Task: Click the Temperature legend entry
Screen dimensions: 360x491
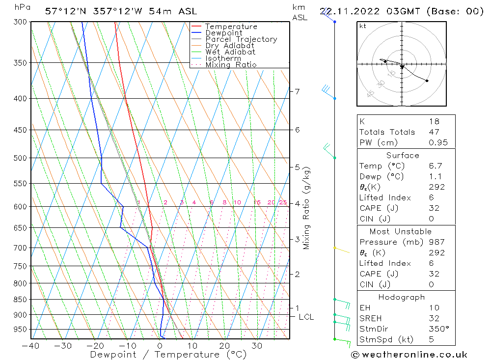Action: click(x=231, y=27)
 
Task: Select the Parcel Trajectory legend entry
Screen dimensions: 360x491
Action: click(x=241, y=39)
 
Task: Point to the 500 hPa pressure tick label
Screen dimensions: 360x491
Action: click(x=21, y=158)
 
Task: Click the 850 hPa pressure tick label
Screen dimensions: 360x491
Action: click(x=21, y=300)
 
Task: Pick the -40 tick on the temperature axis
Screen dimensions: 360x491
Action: click(x=30, y=346)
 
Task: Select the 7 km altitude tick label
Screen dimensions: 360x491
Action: click(x=297, y=91)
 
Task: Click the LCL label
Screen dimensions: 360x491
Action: click(x=306, y=317)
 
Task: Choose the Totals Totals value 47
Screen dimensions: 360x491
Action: click(x=434, y=132)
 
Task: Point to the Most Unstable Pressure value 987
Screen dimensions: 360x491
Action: click(x=436, y=242)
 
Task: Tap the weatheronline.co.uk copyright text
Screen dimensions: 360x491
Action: click(x=409, y=355)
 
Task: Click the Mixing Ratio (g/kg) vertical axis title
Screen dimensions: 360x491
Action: click(x=307, y=207)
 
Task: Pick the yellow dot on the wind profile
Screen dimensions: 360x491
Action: click(x=334, y=248)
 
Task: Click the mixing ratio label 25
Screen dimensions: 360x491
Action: click(x=283, y=202)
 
